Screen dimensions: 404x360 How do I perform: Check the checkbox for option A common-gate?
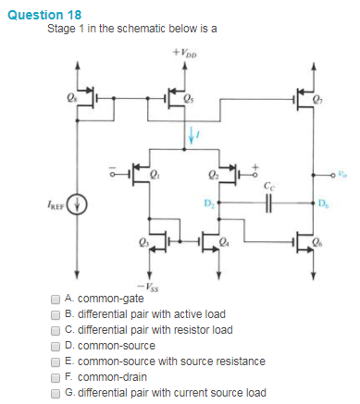pos(56,300)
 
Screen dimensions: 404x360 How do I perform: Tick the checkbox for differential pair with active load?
pos(56,314)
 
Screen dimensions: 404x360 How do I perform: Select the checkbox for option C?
pos(56,330)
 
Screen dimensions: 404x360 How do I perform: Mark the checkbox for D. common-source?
pos(56,346)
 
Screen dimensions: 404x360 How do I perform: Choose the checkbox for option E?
pos(56,361)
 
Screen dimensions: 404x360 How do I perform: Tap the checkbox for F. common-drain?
pos(56,377)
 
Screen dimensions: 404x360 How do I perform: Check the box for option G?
pos(56,393)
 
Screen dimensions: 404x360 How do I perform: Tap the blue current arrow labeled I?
pos(192,137)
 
